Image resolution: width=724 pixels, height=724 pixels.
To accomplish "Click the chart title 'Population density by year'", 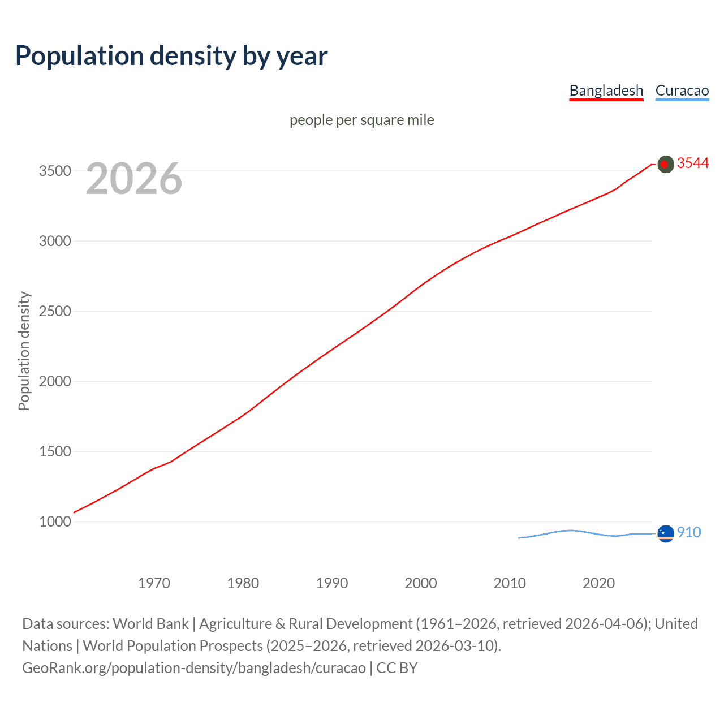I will pos(171,56).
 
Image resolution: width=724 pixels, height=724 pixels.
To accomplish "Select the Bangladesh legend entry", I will pos(606,90).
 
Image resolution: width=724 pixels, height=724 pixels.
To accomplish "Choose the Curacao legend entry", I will pos(682,90).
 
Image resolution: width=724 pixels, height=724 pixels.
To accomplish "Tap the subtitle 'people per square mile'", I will pos(361,120).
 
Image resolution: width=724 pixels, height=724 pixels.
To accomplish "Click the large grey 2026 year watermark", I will pos(134,179).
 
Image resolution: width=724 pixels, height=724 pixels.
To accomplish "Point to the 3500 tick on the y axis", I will pos(55,171).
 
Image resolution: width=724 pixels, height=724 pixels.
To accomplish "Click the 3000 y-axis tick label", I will pos(55,241).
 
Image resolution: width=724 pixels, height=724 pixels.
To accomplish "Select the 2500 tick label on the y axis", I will pos(55,311).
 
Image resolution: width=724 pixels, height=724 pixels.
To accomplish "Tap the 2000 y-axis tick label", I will pos(55,381).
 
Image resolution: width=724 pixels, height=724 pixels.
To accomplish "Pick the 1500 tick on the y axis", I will pos(55,451).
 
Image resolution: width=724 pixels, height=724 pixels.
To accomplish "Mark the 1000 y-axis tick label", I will pos(55,522).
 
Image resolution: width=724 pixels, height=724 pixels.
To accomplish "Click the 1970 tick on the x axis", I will pos(154,583).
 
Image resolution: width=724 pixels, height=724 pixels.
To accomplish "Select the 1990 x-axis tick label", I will pos(332,583).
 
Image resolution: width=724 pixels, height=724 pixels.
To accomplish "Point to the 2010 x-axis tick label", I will pos(510,583).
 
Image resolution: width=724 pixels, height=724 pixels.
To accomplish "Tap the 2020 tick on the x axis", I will pos(598,583).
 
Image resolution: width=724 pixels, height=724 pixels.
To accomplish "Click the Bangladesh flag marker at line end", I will pos(666,164).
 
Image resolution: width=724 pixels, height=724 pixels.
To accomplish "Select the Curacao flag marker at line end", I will pos(666,533).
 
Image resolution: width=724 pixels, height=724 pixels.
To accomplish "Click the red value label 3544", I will pos(693,163).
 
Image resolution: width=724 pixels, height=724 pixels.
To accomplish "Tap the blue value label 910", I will pos(689,532).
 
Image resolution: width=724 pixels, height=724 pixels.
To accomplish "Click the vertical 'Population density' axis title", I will pos(24,351).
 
